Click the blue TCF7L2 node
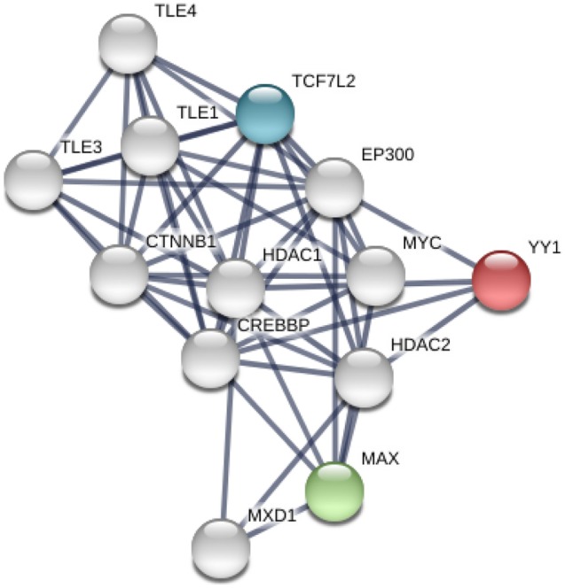pyautogui.click(x=264, y=112)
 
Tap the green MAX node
pyautogui.click(x=334, y=490)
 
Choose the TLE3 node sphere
pyautogui.click(x=33, y=180)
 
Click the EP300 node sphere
pyautogui.click(x=334, y=187)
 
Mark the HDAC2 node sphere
pyautogui.click(x=364, y=377)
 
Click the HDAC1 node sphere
pyautogui.click(x=235, y=289)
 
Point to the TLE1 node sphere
pyautogui.click(x=149, y=145)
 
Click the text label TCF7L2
pyautogui.click(x=325, y=81)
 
